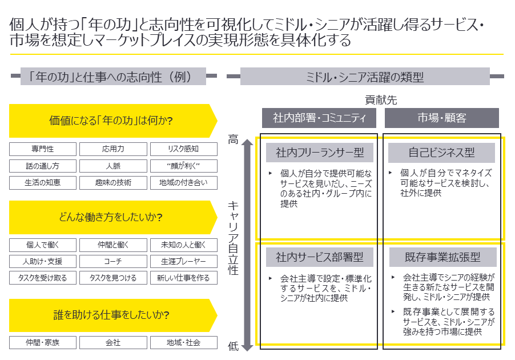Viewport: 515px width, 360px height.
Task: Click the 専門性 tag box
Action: [43, 150]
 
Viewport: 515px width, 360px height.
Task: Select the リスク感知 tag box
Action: [183, 150]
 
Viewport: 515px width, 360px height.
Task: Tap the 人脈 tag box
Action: [113, 166]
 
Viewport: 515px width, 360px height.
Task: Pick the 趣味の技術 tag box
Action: [113, 183]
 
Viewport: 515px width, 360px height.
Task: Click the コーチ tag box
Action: [113, 262]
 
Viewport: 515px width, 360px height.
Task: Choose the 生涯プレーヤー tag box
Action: [183, 262]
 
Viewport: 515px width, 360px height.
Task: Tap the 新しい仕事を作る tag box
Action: [183, 278]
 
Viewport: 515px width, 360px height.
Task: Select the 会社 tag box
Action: [113, 343]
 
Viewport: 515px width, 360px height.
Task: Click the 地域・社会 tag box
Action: [183, 343]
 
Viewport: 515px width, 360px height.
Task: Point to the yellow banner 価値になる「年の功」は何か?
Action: [111, 121]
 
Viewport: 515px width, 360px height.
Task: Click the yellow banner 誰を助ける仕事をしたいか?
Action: [111, 315]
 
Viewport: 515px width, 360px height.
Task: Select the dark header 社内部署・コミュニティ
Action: [319, 118]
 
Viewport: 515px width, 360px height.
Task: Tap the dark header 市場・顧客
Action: [441, 118]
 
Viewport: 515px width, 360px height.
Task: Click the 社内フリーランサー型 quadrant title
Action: [320, 153]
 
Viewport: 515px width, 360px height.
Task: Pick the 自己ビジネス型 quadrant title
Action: [441, 153]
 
